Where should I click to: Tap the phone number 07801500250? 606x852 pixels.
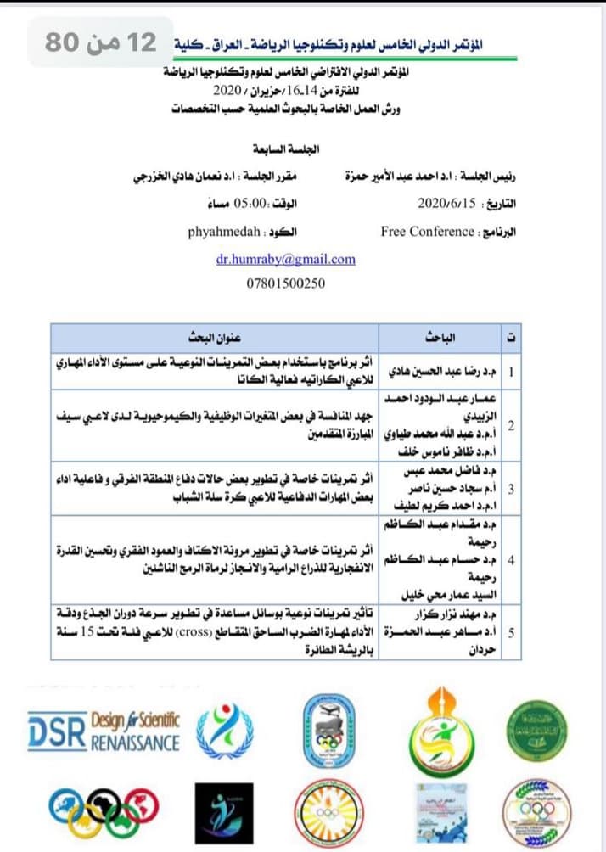coord(284,283)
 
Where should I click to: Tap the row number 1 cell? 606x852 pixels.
coord(510,372)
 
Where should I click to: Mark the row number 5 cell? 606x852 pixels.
coord(510,632)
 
